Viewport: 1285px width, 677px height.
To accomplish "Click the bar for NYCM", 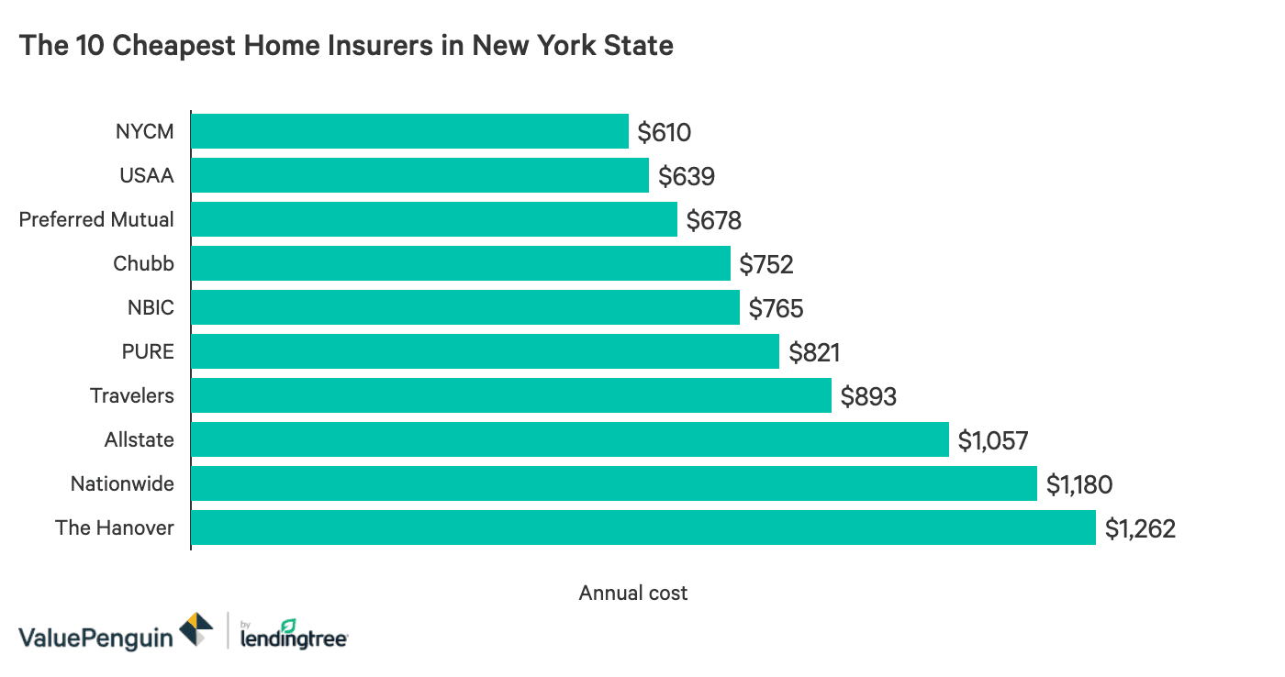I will [409, 131].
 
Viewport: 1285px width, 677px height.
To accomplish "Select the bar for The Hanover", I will [642, 528].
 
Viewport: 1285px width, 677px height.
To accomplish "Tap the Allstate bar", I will [569, 439].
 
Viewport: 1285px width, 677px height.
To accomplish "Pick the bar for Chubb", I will [460, 263].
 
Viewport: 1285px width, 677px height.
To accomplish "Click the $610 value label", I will [665, 132].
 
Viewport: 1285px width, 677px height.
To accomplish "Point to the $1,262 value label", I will [1139, 529].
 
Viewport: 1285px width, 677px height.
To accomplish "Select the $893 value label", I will [868, 396].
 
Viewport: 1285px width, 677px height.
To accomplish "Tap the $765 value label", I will [776, 308].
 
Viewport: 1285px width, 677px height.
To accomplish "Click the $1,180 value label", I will [1080, 484].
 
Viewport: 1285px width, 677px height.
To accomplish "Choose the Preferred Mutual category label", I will [96, 219].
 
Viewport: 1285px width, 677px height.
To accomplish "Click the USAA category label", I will [147, 175].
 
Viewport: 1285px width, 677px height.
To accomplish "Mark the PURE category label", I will [149, 351].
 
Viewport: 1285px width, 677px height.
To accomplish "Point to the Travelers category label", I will [131, 395].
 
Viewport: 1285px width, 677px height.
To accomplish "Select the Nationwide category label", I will [122, 483].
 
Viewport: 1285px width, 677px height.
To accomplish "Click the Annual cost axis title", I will [632, 593].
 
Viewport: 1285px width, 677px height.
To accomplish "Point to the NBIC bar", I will [464, 307].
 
